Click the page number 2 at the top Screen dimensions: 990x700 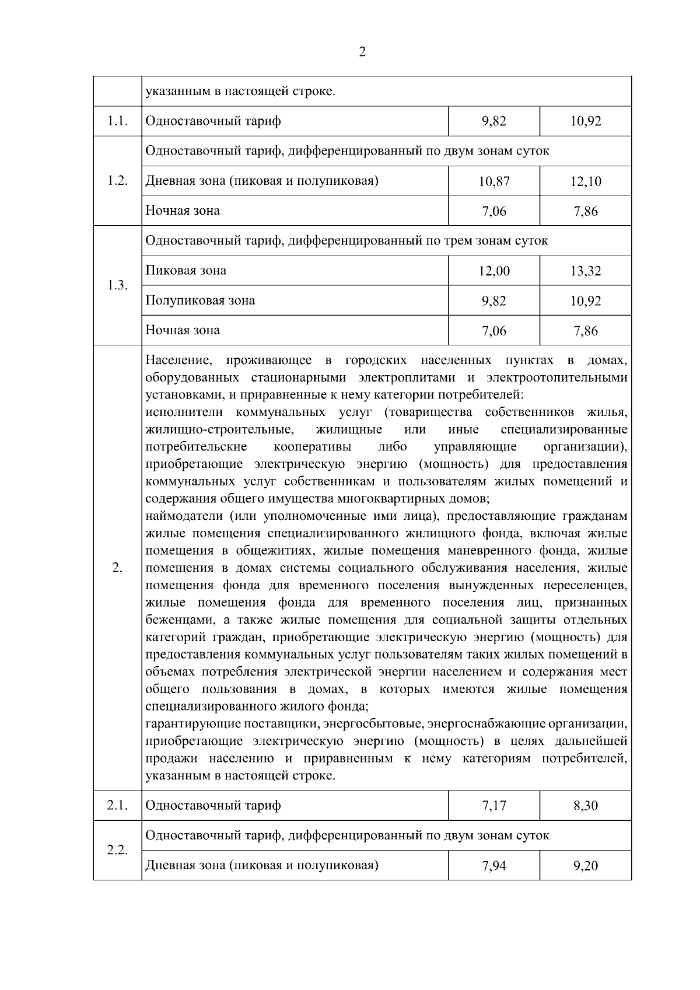pos(362,53)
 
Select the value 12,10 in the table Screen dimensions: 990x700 pos(586,181)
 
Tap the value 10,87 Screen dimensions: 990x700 pos(494,181)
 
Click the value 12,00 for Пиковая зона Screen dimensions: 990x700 pos(494,271)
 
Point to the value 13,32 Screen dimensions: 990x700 pos(586,271)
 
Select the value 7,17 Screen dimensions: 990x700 pos(494,806)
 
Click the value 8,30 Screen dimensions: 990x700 pos(586,806)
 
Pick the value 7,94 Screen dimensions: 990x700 pos(494,866)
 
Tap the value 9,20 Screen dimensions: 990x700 pos(586,866)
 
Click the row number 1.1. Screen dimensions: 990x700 pos(117,121)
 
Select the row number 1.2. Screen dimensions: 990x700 pos(117,181)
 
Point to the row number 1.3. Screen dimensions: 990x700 pos(117,285)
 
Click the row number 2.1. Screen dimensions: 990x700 pos(117,806)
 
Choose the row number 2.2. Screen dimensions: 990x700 pos(117,850)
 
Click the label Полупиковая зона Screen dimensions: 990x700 pos(200,300)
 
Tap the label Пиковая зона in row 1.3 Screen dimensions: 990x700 pos(185,271)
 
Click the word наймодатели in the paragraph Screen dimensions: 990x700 pos(183,516)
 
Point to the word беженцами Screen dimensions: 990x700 pos(178,620)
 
